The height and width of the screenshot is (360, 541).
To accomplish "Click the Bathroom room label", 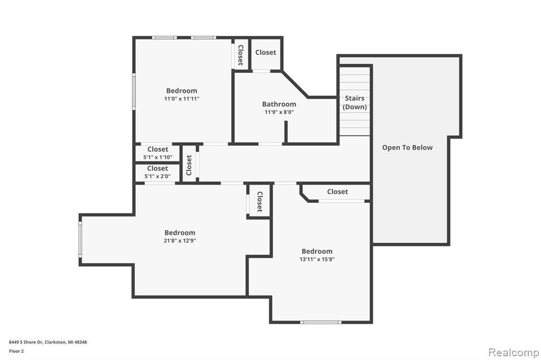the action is pyautogui.click(x=279, y=104).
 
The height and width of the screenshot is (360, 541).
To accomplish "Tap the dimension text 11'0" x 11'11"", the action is pyautogui.click(x=182, y=99).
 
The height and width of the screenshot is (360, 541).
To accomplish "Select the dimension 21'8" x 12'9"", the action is pyautogui.click(x=180, y=241).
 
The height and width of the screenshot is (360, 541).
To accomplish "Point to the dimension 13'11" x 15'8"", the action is pyautogui.click(x=317, y=259).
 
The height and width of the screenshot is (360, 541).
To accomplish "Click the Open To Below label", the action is pyautogui.click(x=407, y=148).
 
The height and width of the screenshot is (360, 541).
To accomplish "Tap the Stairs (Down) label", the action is pyautogui.click(x=355, y=102).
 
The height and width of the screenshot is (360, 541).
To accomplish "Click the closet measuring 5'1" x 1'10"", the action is pyautogui.click(x=157, y=153).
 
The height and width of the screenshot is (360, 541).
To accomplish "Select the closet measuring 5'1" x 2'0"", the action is pyautogui.click(x=157, y=172).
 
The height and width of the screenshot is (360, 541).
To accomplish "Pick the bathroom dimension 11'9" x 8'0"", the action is pyautogui.click(x=279, y=112).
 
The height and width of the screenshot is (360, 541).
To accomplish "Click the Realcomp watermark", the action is pyautogui.click(x=514, y=353).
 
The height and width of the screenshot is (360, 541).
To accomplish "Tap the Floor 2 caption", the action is pyautogui.click(x=16, y=351).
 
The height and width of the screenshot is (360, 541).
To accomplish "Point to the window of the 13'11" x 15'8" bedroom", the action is pyautogui.click(x=321, y=323).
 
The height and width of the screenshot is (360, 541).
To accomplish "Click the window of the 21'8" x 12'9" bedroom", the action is pyautogui.click(x=80, y=239).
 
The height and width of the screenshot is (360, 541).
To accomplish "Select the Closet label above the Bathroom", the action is pyautogui.click(x=266, y=52).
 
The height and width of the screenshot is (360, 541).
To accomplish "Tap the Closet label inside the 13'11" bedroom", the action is pyautogui.click(x=338, y=192).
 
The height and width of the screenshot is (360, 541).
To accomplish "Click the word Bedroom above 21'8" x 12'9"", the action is pyautogui.click(x=180, y=233).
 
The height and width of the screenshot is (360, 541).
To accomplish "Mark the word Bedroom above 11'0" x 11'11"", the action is pyautogui.click(x=182, y=91).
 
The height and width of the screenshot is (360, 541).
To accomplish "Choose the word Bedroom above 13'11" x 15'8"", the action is pyautogui.click(x=317, y=251).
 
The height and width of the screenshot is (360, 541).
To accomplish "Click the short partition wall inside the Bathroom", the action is pyautogui.click(x=286, y=132).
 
